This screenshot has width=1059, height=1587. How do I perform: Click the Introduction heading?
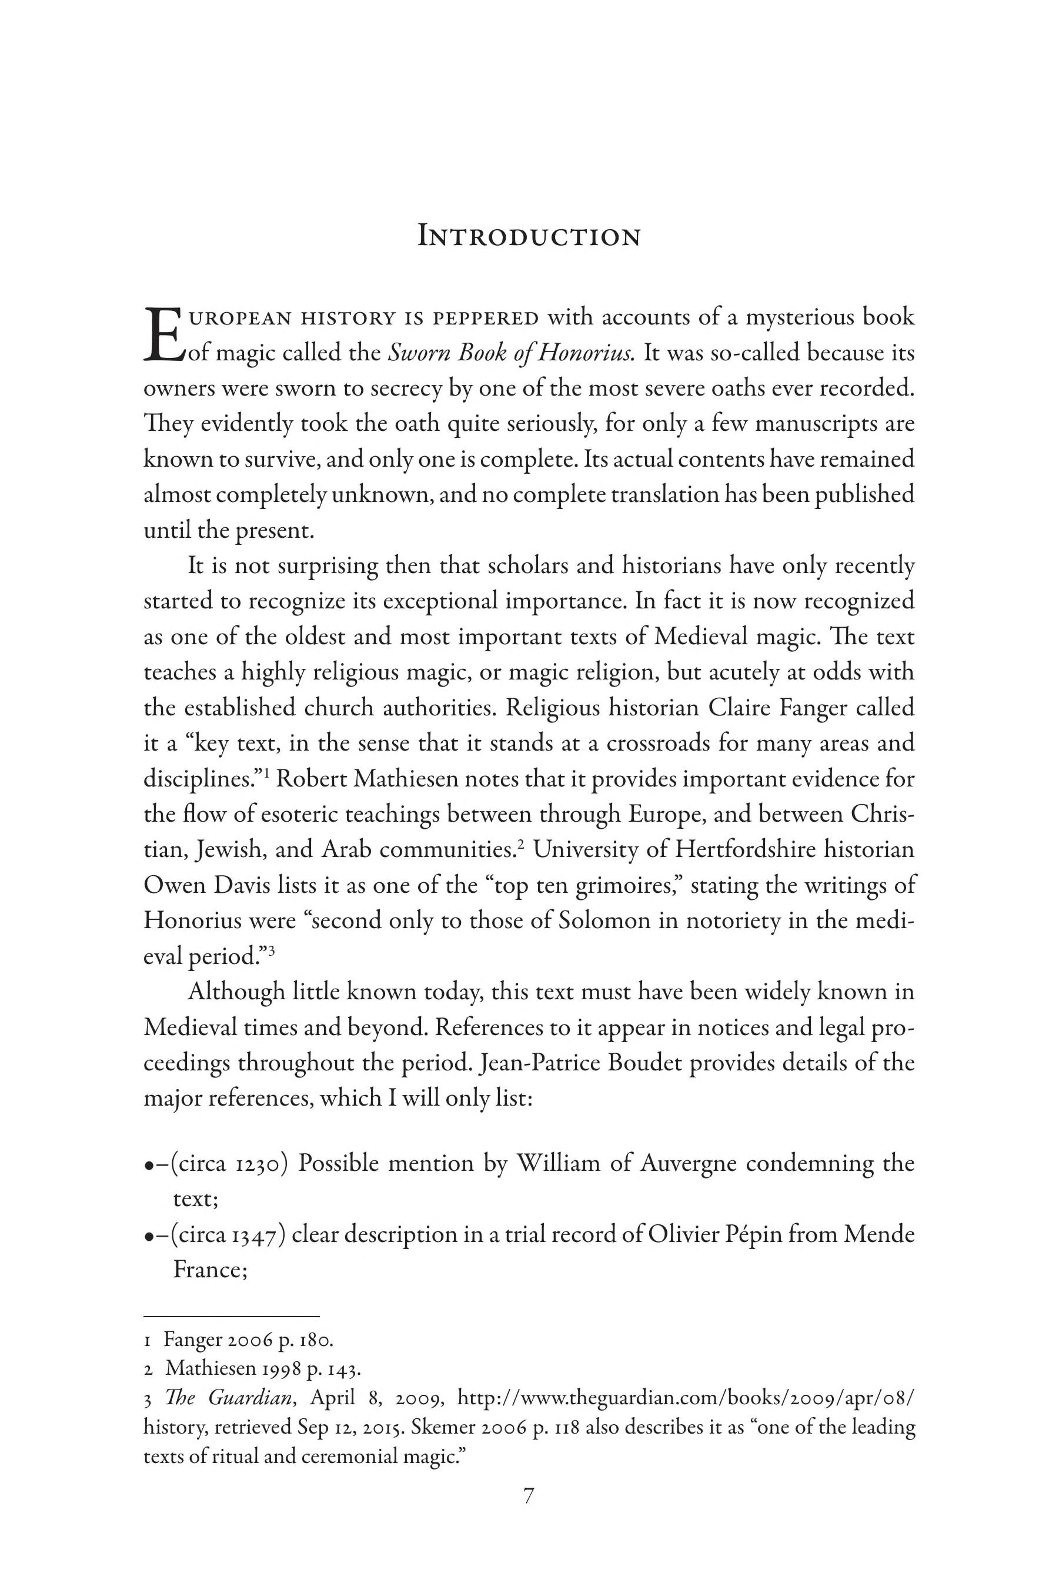[x=529, y=237]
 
